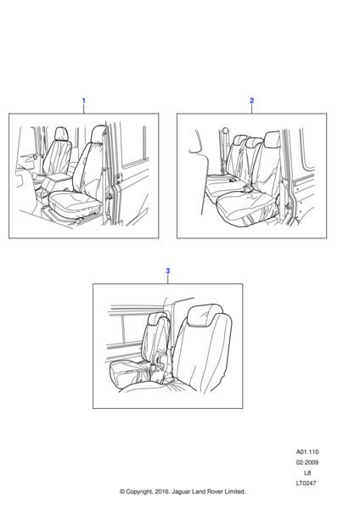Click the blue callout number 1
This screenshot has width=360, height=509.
[83, 101]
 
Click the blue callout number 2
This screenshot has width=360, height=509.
[251, 101]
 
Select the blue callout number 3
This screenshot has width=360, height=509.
[167, 271]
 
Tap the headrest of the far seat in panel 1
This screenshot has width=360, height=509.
[61, 133]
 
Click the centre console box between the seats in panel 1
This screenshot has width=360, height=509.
[59, 178]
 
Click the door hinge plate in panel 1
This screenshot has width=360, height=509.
[119, 178]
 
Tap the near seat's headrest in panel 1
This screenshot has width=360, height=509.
[98, 133]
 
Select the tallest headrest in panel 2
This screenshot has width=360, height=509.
[272, 139]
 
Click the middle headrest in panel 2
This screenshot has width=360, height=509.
[255, 142]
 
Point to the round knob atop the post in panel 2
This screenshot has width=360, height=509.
[225, 131]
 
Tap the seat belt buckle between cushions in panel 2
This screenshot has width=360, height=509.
[248, 188]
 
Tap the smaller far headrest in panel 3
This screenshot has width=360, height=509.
[157, 319]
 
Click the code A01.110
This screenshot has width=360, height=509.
[307, 452]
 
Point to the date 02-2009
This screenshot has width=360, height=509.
[307, 462]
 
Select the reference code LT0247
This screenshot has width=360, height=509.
[306, 483]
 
